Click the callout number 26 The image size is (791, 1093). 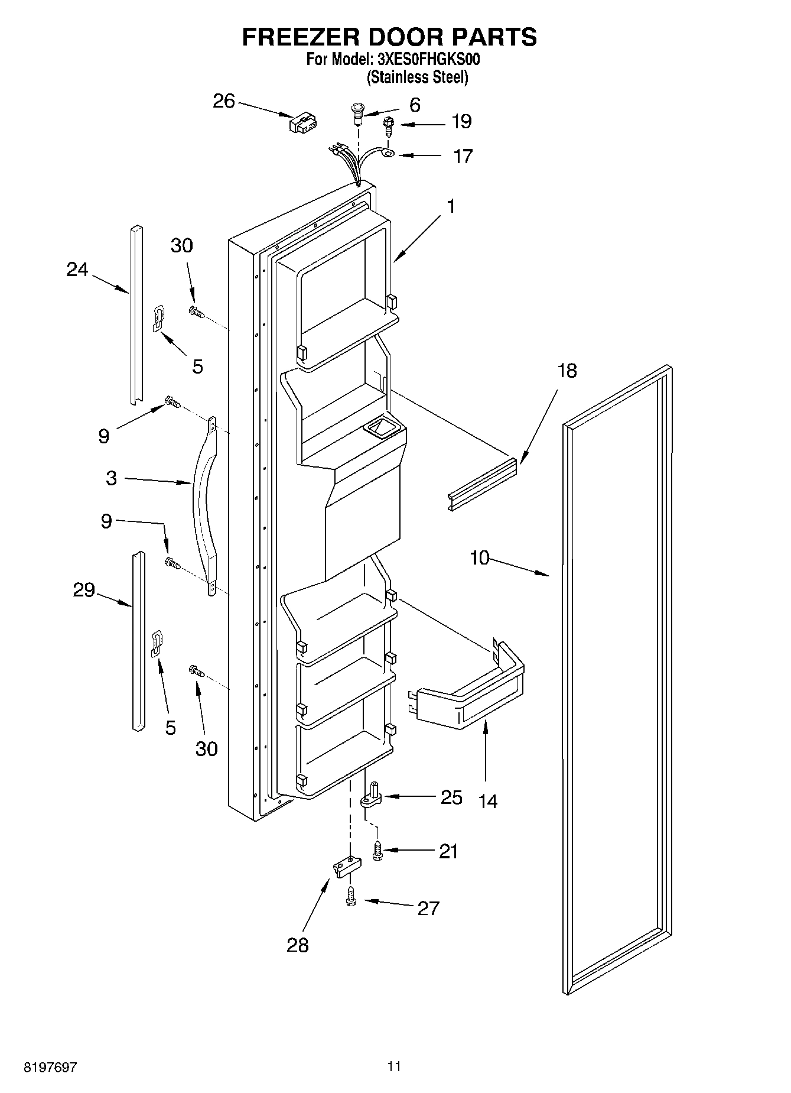[x=224, y=102]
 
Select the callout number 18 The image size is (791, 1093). [x=567, y=371]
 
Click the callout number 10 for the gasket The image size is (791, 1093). [x=480, y=557]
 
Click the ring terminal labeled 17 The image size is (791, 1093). [x=388, y=155]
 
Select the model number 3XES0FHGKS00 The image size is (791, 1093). [x=424, y=60]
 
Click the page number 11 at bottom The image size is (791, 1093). [x=395, y=1066]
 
